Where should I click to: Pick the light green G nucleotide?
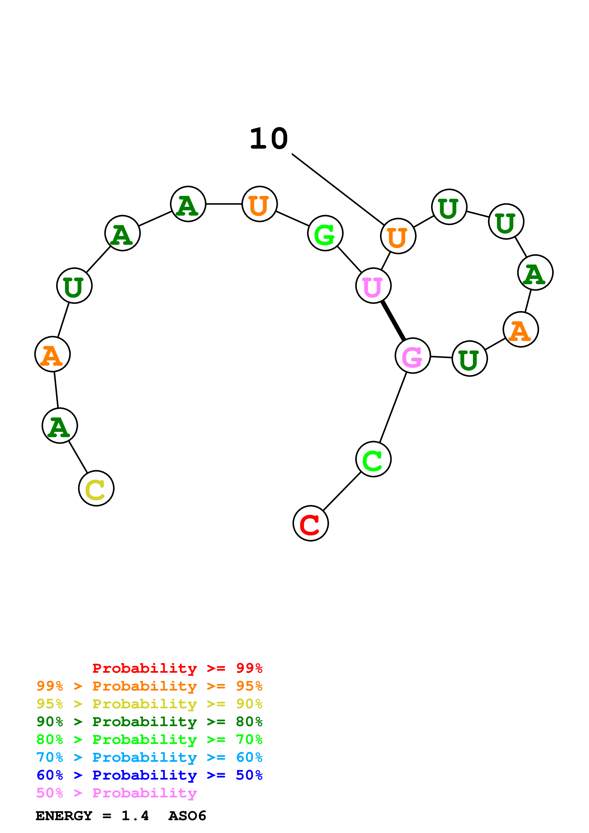[x=325, y=233]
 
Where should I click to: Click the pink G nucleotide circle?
[x=413, y=355]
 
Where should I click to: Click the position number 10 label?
[x=269, y=139]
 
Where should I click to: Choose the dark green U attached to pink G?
[x=469, y=359]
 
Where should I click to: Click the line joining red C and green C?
[x=342, y=491]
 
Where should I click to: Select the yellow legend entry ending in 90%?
[x=149, y=704]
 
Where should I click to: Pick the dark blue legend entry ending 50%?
[x=149, y=775]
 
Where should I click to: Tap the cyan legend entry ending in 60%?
[x=149, y=757]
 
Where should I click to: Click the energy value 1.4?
[x=135, y=816]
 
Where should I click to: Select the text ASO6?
[x=187, y=816]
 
